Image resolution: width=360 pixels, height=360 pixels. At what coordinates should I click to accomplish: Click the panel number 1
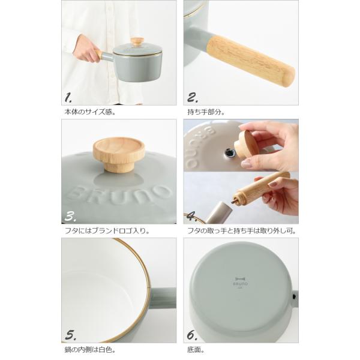point(68,98)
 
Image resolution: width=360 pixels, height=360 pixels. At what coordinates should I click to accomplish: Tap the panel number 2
point(193,98)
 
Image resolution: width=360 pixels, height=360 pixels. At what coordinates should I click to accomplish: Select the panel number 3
point(70,217)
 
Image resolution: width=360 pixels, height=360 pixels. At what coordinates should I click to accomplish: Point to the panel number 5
point(70,335)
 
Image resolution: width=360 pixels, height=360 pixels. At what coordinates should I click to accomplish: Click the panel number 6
point(192,335)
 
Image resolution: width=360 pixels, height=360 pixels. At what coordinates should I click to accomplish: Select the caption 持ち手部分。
point(206,112)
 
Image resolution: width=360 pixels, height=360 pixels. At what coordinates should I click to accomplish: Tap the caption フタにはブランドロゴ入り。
point(107,231)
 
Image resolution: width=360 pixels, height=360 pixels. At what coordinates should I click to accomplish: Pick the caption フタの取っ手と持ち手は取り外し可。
point(242,231)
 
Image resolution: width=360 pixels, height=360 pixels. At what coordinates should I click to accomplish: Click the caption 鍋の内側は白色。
point(90,350)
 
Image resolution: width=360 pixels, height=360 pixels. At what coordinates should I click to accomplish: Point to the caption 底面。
point(196,350)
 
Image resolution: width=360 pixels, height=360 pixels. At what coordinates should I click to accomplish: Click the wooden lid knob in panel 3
point(119,155)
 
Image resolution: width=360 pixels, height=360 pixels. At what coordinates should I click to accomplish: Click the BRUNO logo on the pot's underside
point(241,281)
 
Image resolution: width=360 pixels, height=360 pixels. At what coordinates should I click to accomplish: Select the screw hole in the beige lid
point(229,152)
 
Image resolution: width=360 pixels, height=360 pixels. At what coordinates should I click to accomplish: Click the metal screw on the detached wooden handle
point(235,200)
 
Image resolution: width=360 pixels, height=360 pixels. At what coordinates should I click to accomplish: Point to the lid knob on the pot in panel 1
point(137,42)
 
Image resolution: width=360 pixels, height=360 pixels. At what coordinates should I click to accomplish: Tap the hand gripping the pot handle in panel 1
point(87,49)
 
